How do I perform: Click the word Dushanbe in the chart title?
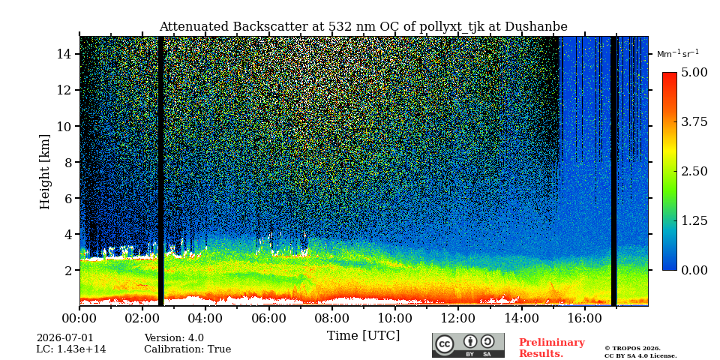(536, 27)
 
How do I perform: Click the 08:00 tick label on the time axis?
(332, 318)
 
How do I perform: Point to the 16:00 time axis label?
(584, 318)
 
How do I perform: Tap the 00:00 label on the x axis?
(80, 318)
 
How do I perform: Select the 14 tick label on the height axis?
(64, 54)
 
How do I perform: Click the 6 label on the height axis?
(67, 198)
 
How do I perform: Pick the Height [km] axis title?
(44, 172)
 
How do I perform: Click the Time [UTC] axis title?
(363, 336)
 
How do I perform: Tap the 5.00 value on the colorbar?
(694, 73)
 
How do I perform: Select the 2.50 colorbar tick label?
(694, 171)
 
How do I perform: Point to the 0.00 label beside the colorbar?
(694, 270)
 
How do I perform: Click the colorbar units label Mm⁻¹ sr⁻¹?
(678, 53)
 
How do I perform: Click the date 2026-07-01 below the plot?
(64, 338)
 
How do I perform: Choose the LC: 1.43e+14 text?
(71, 349)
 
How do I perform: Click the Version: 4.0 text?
(174, 338)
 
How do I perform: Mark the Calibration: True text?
(187, 349)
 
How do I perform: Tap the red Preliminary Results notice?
(552, 348)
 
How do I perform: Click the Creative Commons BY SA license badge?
(468, 345)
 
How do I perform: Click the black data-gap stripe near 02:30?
(160, 171)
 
